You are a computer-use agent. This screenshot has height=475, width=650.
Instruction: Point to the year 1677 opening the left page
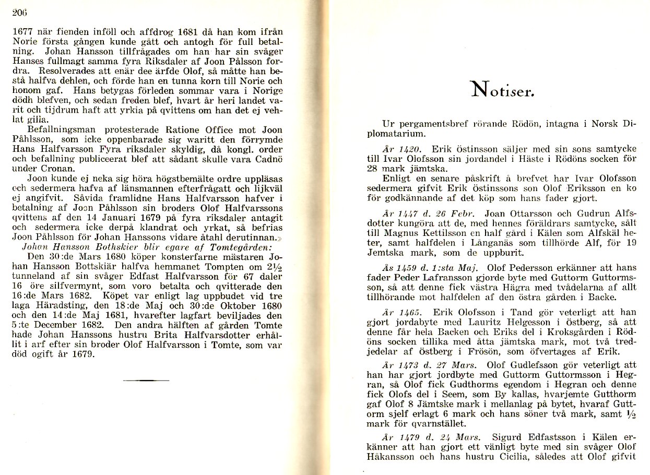click(x=22, y=30)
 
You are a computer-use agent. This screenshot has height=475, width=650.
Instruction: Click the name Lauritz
click(x=488, y=322)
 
